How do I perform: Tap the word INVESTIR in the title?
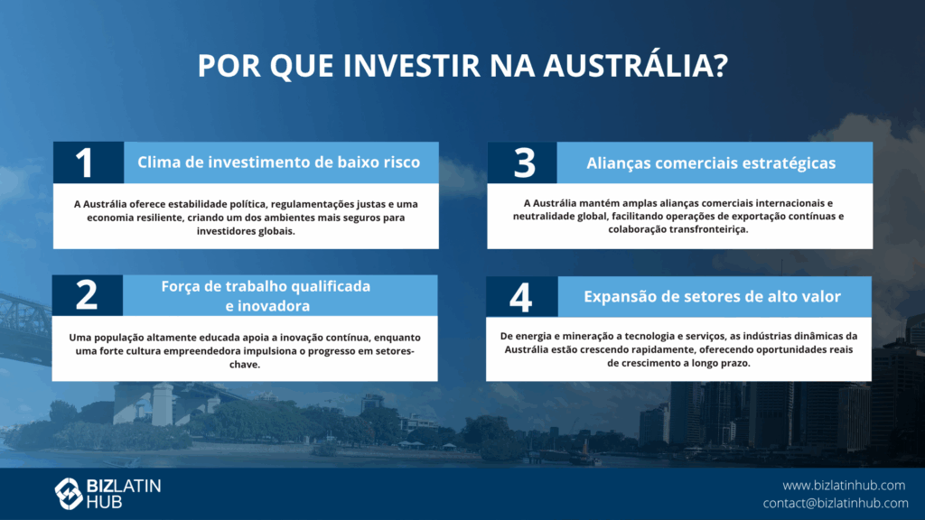tap(412, 65)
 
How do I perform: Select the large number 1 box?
tap(89, 162)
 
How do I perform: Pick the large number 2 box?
tap(88, 295)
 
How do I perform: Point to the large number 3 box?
tap(522, 162)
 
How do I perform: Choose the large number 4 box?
tap(521, 296)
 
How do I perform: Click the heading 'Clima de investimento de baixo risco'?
tap(278, 162)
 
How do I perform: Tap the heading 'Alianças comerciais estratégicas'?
tap(711, 163)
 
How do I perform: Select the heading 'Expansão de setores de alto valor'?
tap(712, 296)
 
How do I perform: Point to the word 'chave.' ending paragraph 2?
tap(245, 365)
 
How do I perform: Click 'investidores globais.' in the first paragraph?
tap(246, 231)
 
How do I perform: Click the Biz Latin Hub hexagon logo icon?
tap(69, 494)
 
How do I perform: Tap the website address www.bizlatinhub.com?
tap(844, 485)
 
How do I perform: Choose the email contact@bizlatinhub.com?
tap(836, 503)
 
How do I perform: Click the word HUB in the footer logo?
tap(105, 502)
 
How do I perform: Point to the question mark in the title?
tap(721, 65)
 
